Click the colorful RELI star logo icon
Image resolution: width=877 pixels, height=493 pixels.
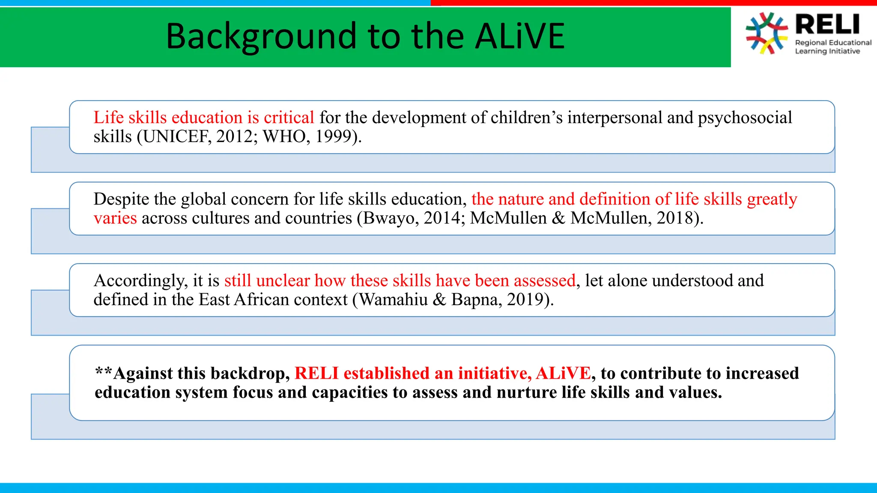pos(767,33)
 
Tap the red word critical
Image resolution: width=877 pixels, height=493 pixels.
pos(289,118)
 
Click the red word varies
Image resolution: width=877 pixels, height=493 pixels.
pos(115,218)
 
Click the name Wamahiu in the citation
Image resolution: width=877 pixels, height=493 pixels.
pos(393,300)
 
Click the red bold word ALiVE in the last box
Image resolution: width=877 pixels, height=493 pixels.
pos(563,373)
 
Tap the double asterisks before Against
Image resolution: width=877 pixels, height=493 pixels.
pos(103,371)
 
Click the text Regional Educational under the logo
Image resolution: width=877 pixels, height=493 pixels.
pos(833,43)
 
